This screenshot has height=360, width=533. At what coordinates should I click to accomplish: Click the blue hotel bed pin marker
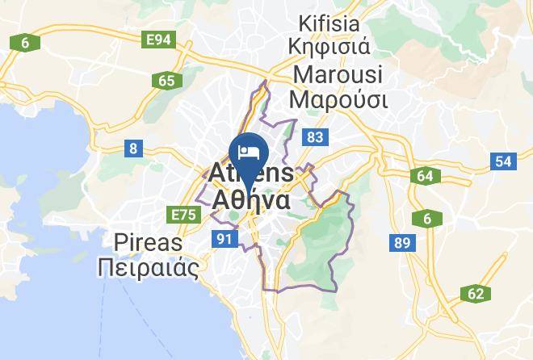[x=249, y=152]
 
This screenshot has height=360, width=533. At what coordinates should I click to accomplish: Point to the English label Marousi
[x=339, y=73]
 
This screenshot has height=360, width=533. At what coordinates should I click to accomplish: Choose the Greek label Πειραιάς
[x=148, y=268]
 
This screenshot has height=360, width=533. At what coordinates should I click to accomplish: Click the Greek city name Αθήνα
[x=251, y=199]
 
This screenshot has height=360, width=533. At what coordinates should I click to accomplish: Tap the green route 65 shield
[x=166, y=80]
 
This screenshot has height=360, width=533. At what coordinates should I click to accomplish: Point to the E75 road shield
[x=183, y=214]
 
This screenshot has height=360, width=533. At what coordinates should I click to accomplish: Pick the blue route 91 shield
[x=225, y=238]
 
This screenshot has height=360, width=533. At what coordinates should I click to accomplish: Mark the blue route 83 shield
[x=315, y=138]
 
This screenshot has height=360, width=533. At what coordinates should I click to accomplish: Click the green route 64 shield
[x=426, y=176]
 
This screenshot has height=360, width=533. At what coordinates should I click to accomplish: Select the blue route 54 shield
[x=503, y=161]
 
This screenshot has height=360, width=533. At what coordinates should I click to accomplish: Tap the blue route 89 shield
[x=401, y=242]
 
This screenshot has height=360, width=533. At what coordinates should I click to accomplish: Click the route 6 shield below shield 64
[x=426, y=219]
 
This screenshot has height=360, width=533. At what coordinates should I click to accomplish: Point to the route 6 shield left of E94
[x=26, y=43]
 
